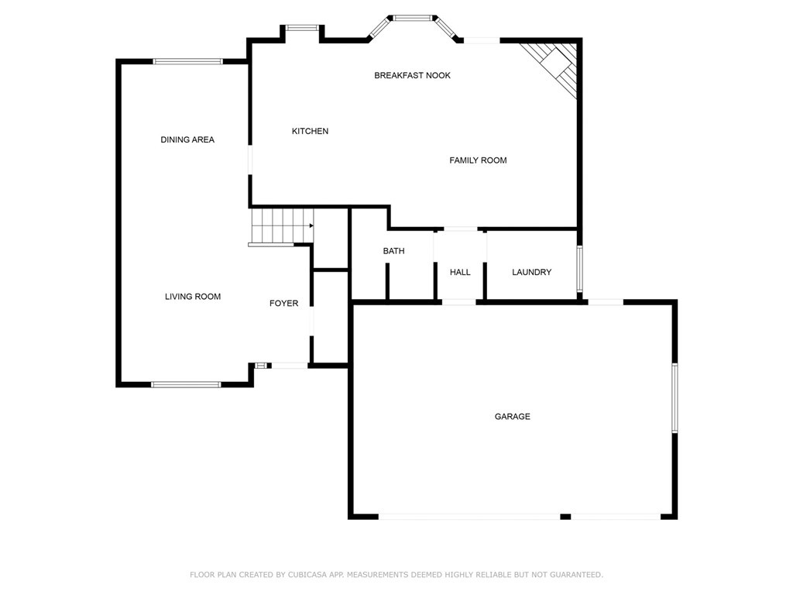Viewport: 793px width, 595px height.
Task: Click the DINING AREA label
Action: click(187, 140)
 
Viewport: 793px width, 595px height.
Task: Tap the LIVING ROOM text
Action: click(193, 297)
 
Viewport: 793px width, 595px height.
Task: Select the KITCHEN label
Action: click(310, 132)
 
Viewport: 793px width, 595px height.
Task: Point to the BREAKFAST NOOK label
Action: click(412, 76)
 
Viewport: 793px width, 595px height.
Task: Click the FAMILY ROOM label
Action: click(478, 160)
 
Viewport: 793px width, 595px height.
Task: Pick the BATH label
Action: click(393, 251)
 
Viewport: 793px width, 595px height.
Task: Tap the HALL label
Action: click(460, 273)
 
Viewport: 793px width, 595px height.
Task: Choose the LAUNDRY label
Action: click(532, 273)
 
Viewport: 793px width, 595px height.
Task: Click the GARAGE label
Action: click(513, 417)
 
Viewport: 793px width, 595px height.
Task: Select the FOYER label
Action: click(283, 304)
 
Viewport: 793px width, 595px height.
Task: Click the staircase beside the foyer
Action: click(280, 226)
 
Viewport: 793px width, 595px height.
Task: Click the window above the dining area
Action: click(188, 61)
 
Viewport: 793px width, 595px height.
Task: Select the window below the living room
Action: click(186, 384)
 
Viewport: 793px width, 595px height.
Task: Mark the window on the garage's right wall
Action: click(675, 397)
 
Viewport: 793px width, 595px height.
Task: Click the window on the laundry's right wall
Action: click(579, 269)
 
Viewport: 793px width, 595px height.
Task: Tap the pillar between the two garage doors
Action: click(565, 517)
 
